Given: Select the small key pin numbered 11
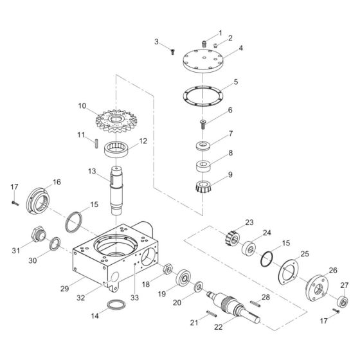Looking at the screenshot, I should pyautogui.click(x=94, y=142).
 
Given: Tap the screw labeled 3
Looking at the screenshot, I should pyautogui.click(x=173, y=52).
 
